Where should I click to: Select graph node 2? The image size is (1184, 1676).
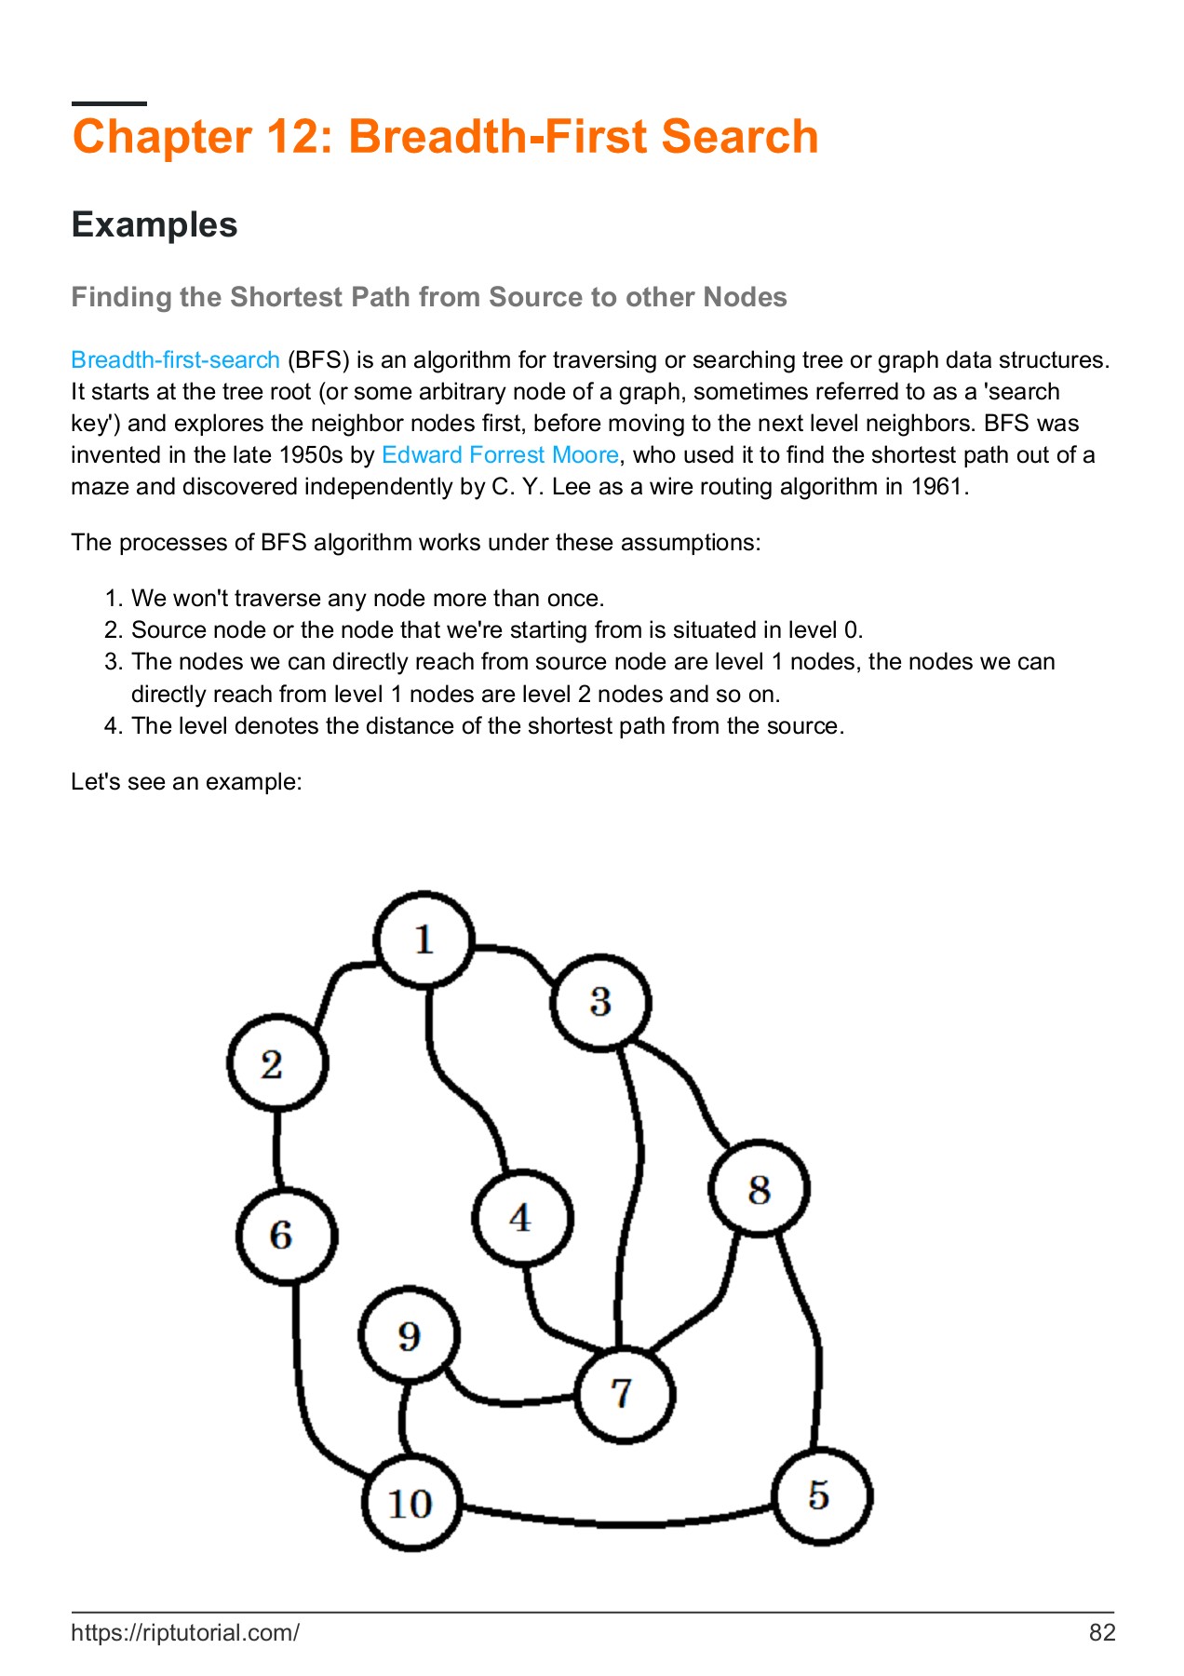(x=276, y=1063)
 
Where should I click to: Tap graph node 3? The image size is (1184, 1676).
(x=600, y=1002)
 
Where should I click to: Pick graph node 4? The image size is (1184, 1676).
(x=522, y=1217)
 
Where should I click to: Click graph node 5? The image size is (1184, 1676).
(x=821, y=1496)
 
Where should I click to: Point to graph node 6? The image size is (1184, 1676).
(x=285, y=1236)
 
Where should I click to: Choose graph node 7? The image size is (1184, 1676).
(x=624, y=1394)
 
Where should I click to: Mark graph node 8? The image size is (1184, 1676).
(x=759, y=1188)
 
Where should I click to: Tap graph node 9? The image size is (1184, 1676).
(x=410, y=1336)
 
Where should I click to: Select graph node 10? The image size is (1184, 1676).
(x=411, y=1503)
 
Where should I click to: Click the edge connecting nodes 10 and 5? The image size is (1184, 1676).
(x=614, y=1524)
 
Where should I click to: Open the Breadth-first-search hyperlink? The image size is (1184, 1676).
(x=175, y=360)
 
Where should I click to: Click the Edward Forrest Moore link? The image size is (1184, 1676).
(x=500, y=455)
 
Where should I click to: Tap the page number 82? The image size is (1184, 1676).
(x=1101, y=1632)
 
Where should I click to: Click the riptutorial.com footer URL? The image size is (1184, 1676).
(x=185, y=1632)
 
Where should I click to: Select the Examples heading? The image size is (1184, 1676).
(x=155, y=225)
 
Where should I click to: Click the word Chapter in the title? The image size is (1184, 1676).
(x=160, y=137)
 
